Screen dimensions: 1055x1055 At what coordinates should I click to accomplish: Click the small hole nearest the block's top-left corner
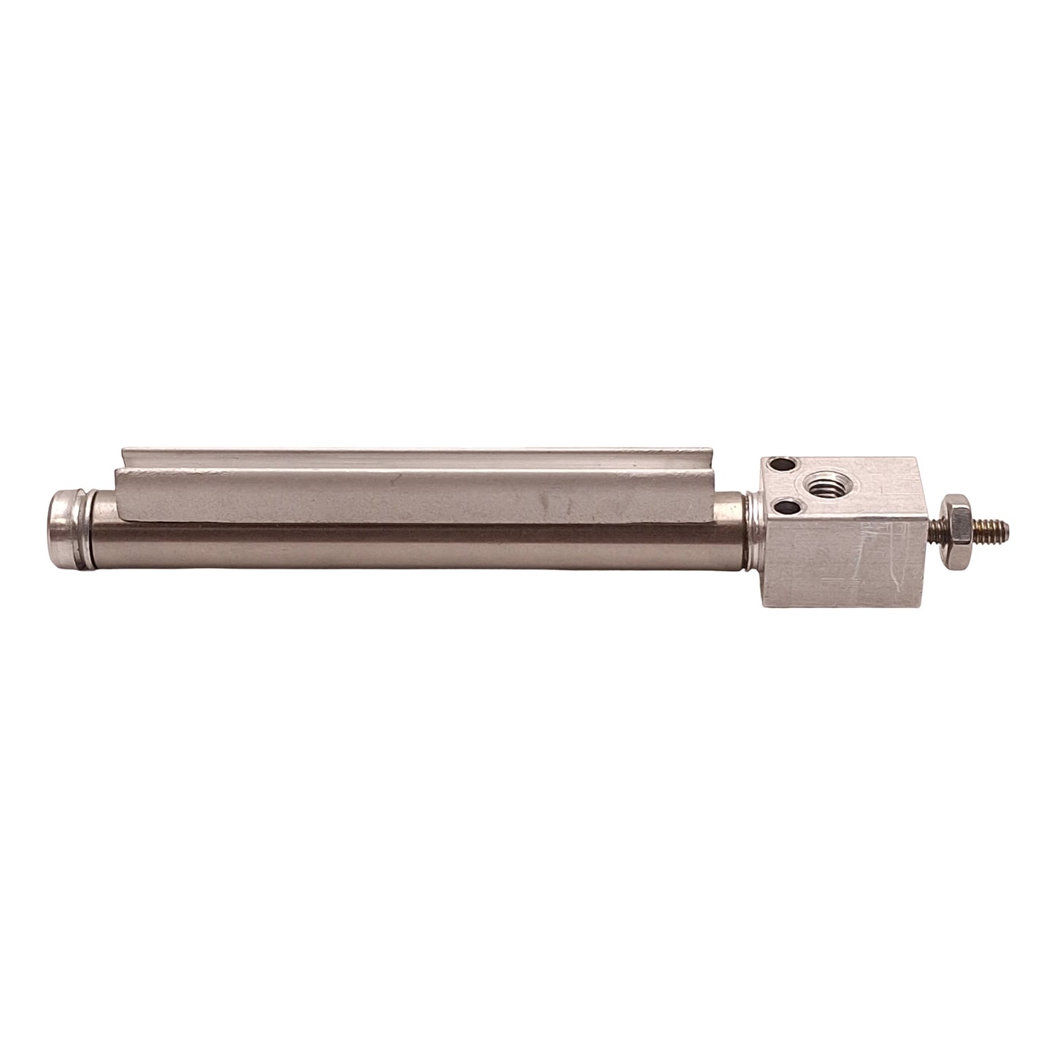point(781,464)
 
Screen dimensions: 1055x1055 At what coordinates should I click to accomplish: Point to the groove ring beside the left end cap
point(93,523)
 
